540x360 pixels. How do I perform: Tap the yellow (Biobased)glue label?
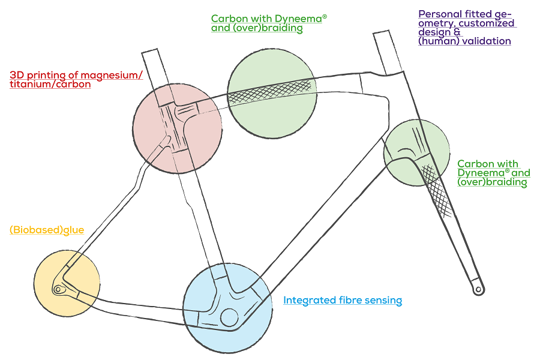pos(47,230)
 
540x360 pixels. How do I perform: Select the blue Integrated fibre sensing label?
pos(343,300)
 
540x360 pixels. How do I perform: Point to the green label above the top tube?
pos(269,23)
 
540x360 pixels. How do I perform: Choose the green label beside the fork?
pos(493,173)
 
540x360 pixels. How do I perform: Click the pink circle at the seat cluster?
pos(178,128)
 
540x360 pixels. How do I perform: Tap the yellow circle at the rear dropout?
pos(66,282)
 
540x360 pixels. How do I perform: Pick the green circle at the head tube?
pos(416,153)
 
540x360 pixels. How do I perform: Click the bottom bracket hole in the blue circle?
pos(229,316)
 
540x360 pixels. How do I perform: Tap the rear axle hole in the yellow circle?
pos(58,289)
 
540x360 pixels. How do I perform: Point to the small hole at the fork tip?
pos(478,289)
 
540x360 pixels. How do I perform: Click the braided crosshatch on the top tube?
pos(273,92)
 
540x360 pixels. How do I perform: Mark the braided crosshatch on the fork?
pos(437,189)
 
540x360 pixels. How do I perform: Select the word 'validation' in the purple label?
pos(485,41)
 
